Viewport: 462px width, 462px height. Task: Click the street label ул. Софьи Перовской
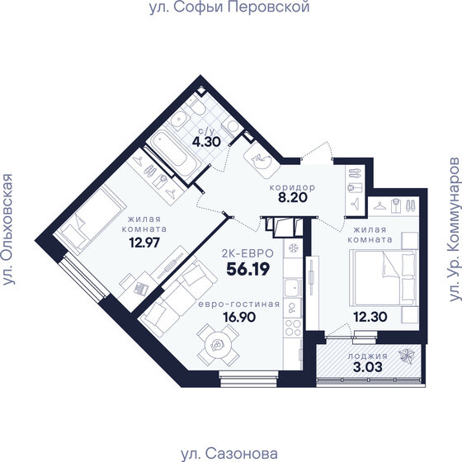point(229,8)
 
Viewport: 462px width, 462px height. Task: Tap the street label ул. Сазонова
point(229,453)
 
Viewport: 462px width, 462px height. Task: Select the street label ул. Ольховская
point(9,230)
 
